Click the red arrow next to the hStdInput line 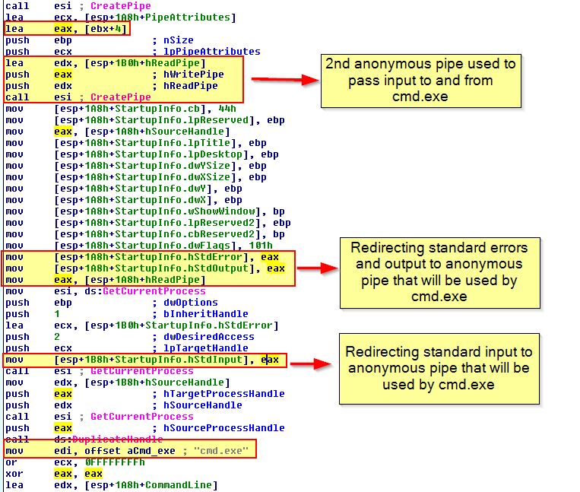tap(311, 363)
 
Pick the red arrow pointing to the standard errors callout tap(318, 268)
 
